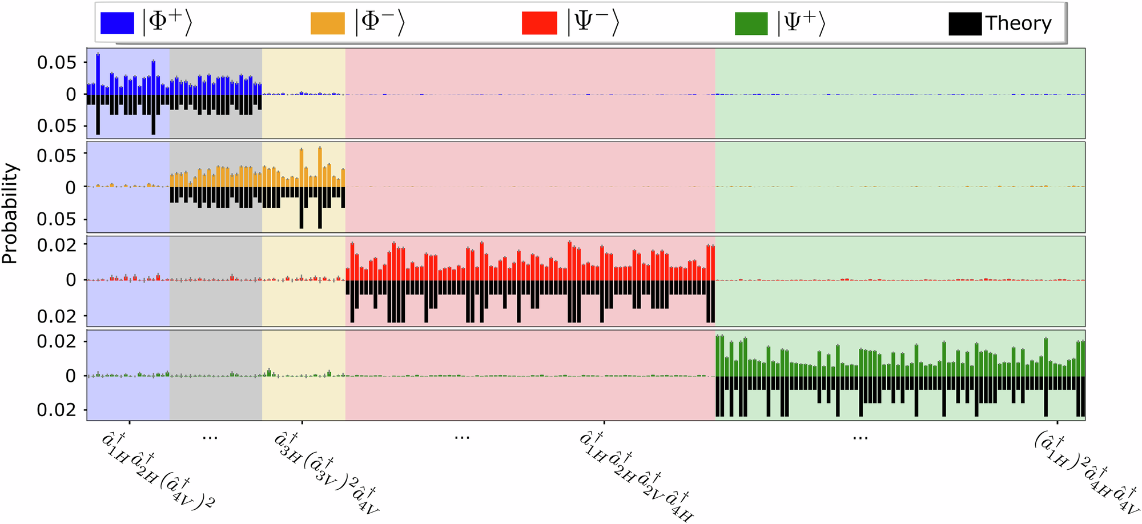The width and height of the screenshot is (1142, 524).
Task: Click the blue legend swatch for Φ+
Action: [117, 23]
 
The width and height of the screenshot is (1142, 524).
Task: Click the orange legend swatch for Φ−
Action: [327, 23]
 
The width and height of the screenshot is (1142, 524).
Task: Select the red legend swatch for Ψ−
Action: [539, 23]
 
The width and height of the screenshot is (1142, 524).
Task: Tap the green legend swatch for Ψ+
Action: [751, 23]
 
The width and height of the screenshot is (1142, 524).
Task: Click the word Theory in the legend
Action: [1018, 23]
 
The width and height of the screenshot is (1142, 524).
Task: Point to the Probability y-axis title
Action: [10, 213]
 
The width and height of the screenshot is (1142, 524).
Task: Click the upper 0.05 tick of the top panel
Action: [57, 62]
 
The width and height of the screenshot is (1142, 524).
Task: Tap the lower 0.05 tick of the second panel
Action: [57, 219]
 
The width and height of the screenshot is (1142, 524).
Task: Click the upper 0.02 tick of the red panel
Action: [57, 245]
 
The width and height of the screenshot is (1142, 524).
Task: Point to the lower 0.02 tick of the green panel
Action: [57, 410]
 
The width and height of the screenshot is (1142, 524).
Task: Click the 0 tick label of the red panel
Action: [71, 280]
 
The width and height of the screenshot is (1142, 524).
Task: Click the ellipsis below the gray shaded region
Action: [210, 437]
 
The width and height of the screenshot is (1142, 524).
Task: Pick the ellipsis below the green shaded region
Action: [860, 437]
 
